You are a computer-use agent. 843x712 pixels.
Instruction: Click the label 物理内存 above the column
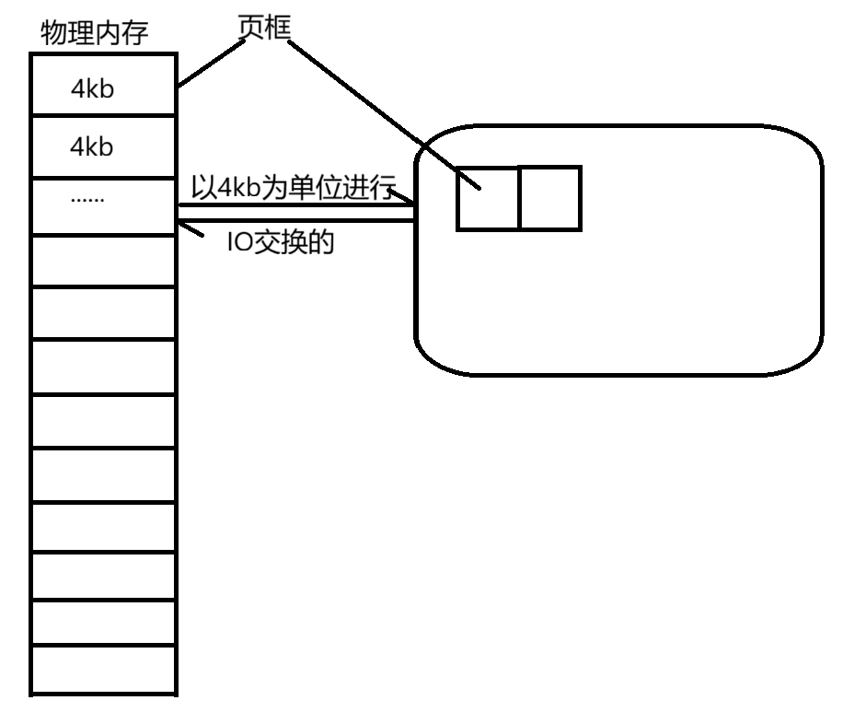(x=95, y=35)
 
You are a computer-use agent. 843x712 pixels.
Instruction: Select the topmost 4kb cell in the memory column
(x=102, y=88)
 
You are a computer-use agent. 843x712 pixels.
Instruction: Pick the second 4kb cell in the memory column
(x=102, y=146)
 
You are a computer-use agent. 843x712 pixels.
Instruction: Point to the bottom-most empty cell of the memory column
(x=102, y=669)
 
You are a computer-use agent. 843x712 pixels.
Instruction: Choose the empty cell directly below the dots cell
(x=102, y=261)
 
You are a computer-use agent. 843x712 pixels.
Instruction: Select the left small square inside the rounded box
(x=488, y=198)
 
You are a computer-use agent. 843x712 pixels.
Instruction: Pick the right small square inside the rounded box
(x=549, y=198)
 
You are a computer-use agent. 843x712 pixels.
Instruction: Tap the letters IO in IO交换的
(x=238, y=241)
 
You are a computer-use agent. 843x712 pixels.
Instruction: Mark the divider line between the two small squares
(x=519, y=198)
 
